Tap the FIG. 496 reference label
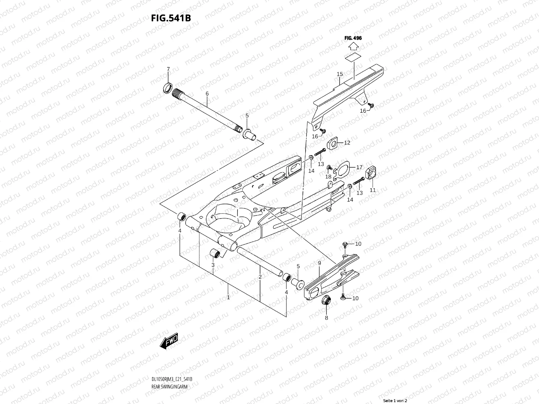(x=353, y=38)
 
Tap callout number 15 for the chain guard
(x=340, y=74)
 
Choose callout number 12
(x=347, y=143)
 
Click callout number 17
(x=359, y=167)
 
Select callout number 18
(x=328, y=177)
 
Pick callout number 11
(x=373, y=190)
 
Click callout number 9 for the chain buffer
(x=319, y=263)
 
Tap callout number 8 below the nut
(x=326, y=317)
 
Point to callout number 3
(x=213, y=265)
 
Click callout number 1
(x=228, y=297)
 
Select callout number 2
(x=260, y=277)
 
